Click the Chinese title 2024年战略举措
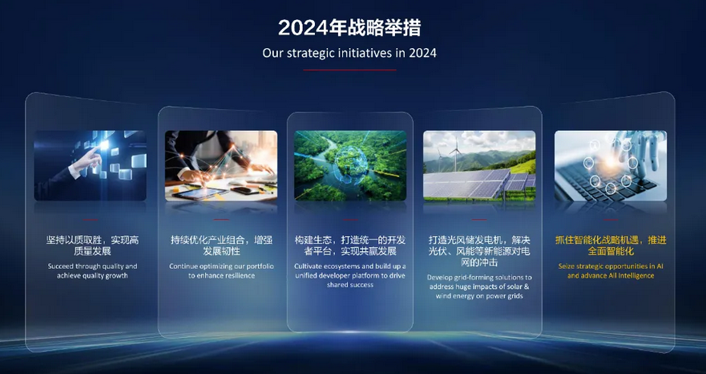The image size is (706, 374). coord(349,28)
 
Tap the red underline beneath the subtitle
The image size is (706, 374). coord(349,70)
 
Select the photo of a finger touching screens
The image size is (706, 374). coord(90,165)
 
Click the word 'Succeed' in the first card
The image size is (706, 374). coord(60,266)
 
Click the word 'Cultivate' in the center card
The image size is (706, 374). coord(309,266)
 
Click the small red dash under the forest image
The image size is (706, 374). coord(350,220)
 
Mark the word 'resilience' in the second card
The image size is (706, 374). coord(236,275)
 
